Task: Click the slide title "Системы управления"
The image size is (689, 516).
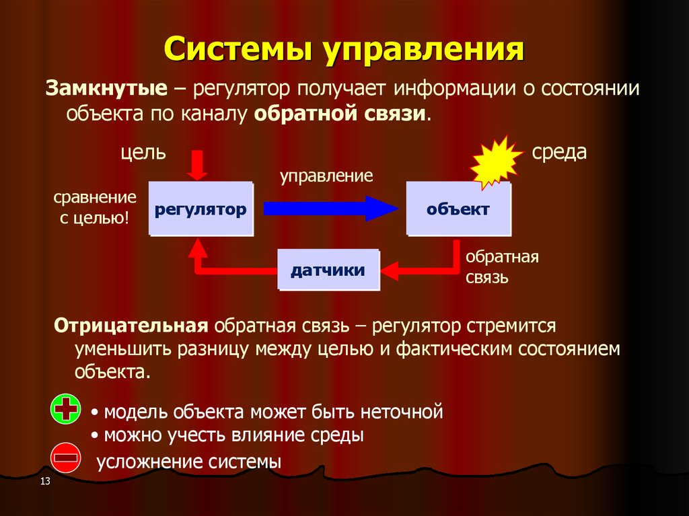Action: pos(344,50)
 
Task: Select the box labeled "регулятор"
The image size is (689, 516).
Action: pos(201,209)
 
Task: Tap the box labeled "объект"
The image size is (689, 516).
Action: pos(458,209)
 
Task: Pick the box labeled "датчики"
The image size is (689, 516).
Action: pos(328,270)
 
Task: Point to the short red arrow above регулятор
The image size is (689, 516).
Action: pos(197,165)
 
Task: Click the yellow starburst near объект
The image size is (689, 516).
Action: pos(497,162)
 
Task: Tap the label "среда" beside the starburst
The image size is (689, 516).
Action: pos(559,152)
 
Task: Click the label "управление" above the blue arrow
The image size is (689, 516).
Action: pos(326,177)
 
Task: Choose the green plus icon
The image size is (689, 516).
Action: pos(66,410)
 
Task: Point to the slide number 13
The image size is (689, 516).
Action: pos(46,481)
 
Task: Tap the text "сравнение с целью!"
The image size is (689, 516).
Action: pos(94,208)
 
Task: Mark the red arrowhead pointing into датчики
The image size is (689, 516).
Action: pos(390,271)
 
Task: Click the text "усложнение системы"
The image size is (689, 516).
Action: pos(189,462)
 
